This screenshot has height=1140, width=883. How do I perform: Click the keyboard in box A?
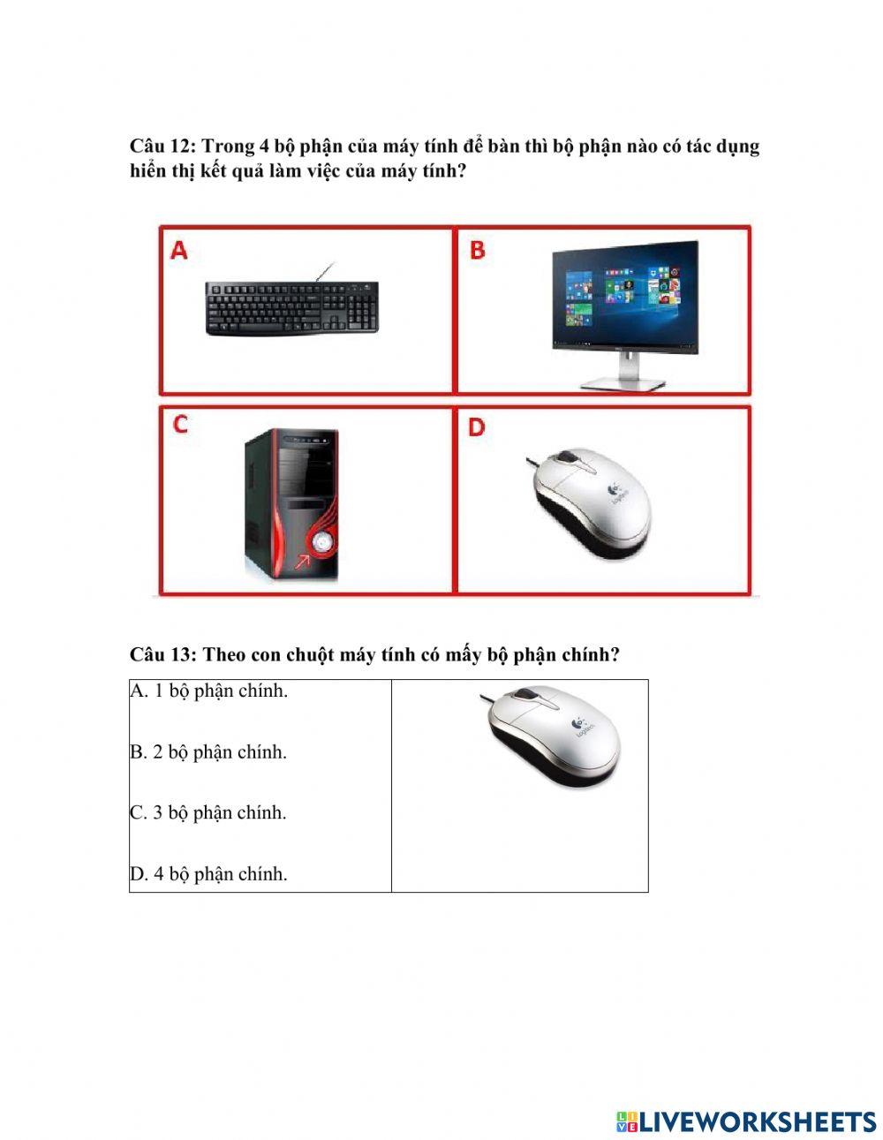point(292,308)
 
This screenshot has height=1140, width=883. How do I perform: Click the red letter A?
point(179,252)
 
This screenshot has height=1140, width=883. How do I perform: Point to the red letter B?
point(478,251)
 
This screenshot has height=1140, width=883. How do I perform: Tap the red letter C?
point(180,425)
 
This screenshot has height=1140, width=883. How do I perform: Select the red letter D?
point(477,428)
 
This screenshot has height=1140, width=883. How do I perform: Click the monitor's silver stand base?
point(623,384)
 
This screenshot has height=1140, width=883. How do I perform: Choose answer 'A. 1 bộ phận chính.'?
point(209,691)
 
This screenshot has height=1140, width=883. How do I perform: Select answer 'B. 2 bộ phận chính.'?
point(209,752)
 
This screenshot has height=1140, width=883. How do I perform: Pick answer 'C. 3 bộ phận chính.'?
point(209,813)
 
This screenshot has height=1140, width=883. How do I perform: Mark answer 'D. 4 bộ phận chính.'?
point(209,874)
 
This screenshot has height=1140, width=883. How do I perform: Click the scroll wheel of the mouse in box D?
point(568,460)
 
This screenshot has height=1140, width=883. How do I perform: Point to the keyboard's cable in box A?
point(327,271)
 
